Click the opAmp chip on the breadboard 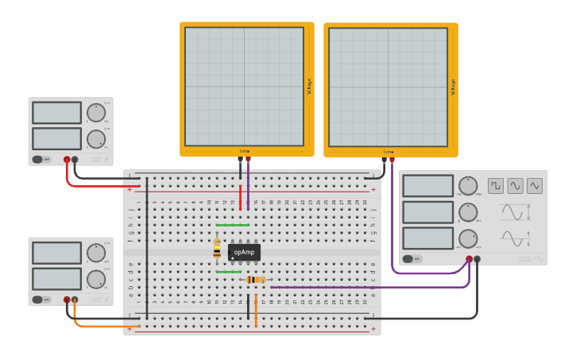coord(244,252)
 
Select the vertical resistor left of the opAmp coord(217,250)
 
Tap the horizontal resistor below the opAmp coord(255,280)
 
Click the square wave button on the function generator coord(496,186)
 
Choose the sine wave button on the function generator coord(516,186)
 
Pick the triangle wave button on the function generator coord(535,186)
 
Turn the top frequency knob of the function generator coord(468,186)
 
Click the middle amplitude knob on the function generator coord(468,212)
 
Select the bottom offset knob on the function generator coord(468,238)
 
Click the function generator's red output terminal coord(469,259)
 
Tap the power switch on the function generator coord(412,259)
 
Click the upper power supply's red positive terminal coord(67,160)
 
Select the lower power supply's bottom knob coord(96,279)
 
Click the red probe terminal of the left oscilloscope coord(248,160)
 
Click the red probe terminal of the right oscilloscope coord(392,160)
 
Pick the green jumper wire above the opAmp coord(232,225)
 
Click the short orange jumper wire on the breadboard coord(256,310)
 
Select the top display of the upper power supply coord(56,113)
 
